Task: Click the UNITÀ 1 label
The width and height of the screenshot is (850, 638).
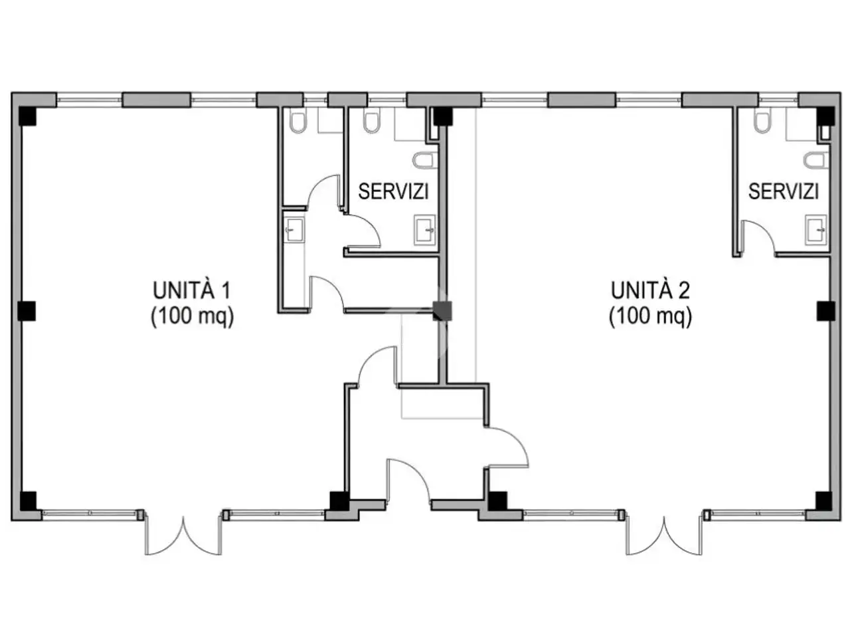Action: coord(192,290)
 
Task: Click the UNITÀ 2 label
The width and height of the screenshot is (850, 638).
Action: coord(650,290)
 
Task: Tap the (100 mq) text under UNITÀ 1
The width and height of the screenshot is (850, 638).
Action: coord(193,316)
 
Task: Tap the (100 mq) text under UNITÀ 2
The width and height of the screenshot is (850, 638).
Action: coord(650,316)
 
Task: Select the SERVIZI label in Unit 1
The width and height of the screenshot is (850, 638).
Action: coord(393,191)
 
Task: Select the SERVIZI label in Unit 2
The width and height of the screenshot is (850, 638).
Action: coord(784,191)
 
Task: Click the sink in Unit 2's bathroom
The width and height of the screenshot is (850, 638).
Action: coord(816,230)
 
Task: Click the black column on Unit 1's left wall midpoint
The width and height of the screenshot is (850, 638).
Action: coord(27,311)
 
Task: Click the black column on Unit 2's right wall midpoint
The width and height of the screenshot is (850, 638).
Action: coord(825,311)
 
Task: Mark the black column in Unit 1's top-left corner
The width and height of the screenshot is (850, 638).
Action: coord(27,116)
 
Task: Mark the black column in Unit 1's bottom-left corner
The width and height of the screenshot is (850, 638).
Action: coord(28,501)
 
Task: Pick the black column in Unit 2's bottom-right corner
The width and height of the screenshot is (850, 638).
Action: coord(823,501)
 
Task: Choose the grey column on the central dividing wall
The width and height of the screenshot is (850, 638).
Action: coord(442,311)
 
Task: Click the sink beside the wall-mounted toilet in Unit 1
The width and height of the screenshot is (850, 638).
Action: coord(425,230)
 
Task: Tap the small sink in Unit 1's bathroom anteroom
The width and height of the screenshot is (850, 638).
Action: coord(294,229)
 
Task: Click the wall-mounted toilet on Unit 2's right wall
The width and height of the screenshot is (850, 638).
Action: coord(815,160)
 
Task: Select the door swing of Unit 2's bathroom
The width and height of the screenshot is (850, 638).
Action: coord(758,237)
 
